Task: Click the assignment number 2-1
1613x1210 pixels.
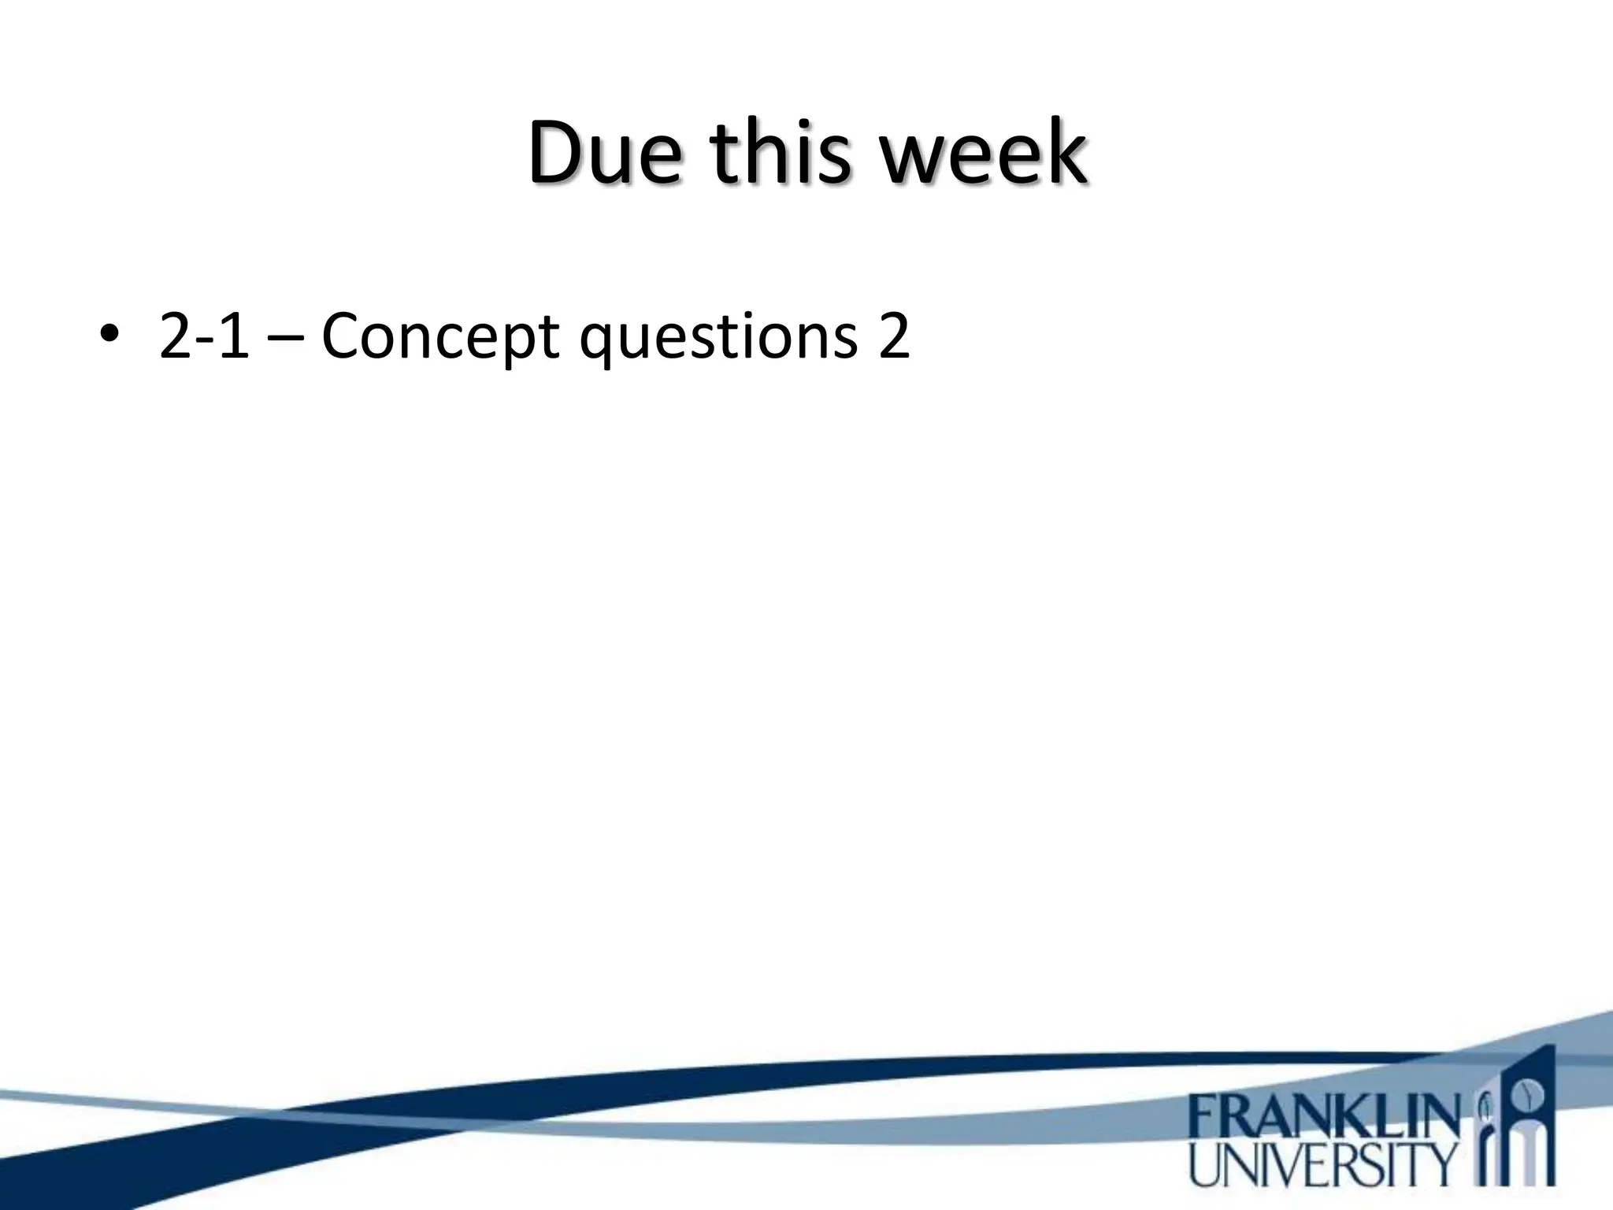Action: (204, 337)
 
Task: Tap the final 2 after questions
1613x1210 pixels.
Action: (893, 337)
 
